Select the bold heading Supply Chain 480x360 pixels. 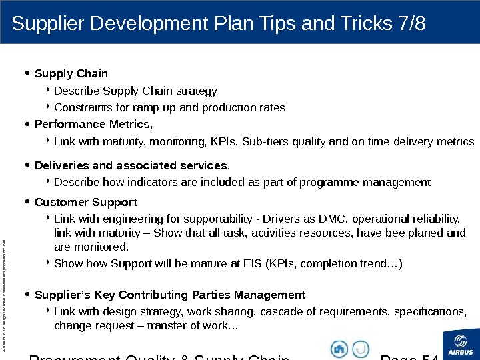coord(71,73)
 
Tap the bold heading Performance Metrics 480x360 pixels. coord(93,124)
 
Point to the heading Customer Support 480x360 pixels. coord(85,201)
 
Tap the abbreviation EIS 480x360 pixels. coord(247,263)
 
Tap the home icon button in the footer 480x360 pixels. coord(339,349)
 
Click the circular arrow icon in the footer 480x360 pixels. coord(361,349)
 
